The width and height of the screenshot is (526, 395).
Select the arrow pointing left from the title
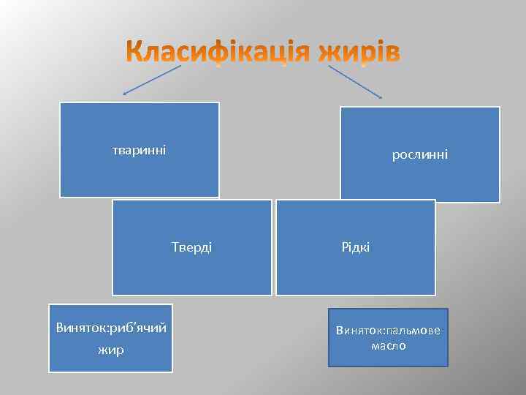[x=151, y=80]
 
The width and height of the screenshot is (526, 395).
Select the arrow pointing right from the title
[x=356, y=80]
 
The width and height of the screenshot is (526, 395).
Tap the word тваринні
[x=139, y=151]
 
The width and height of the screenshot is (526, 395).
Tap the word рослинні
[x=420, y=154]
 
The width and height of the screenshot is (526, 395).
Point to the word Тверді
[x=192, y=247]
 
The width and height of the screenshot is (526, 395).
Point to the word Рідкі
[x=356, y=247]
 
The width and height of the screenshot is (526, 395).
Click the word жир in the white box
[x=111, y=350]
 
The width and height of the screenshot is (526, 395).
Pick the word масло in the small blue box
[x=389, y=345]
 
